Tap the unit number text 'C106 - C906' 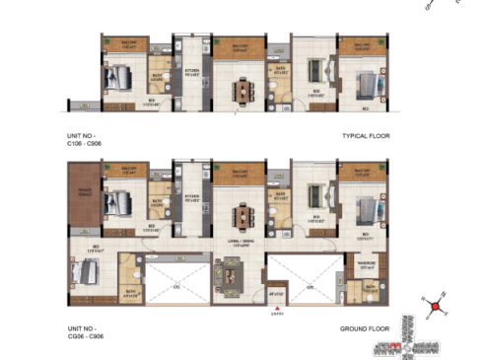87,143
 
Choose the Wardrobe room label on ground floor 362,261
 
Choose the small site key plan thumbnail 418,339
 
